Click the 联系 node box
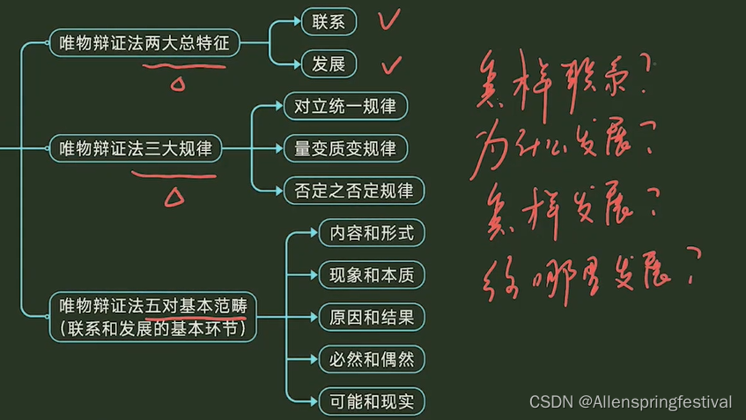(x=328, y=20)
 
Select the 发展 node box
(x=328, y=64)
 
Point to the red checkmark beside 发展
(x=391, y=64)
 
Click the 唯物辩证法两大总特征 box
(x=144, y=42)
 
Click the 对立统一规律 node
(x=345, y=107)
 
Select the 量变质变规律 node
(x=345, y=148)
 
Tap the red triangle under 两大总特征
(x=177, y=84)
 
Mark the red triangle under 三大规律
(x=174, y=196)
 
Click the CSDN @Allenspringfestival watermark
(x=630, y=402)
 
